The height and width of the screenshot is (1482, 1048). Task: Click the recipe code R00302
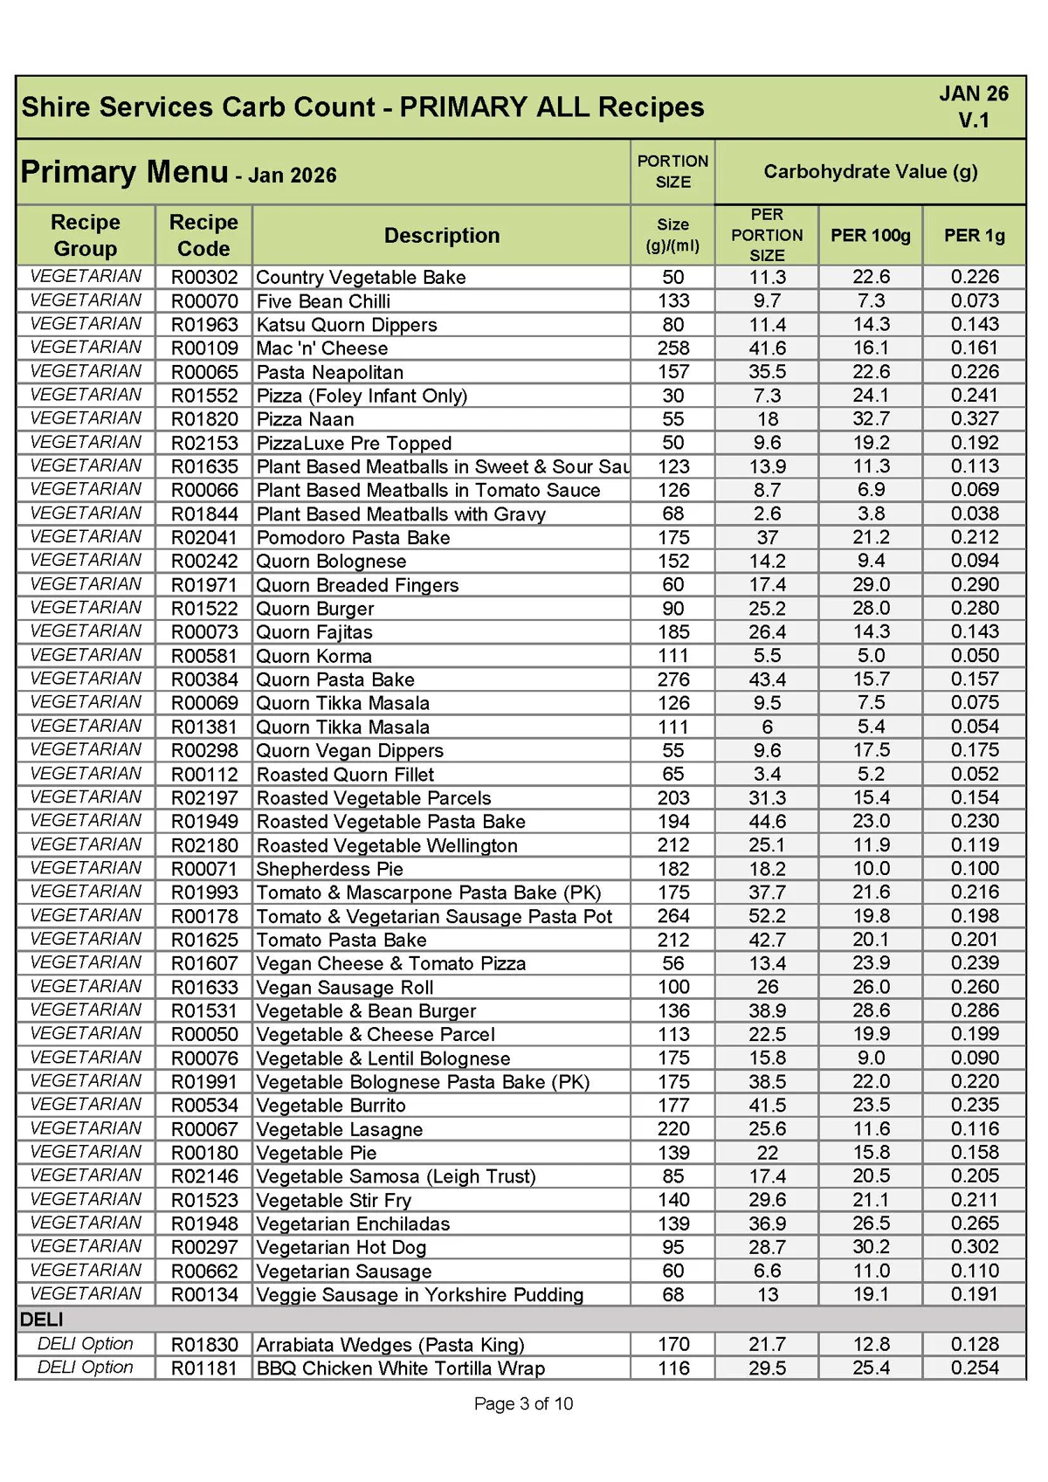pyautogui.click(x=204, y=278)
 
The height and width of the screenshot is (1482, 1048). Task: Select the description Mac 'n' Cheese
pyautogui.click(x=321, y=348)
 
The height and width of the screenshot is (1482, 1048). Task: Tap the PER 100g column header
pyautogui.click(x=870, y=236)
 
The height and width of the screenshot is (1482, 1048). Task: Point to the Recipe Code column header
pyautogui.click(x=203, y=236)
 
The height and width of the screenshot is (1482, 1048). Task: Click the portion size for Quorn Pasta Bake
pyautogui.click(x=673, y=679)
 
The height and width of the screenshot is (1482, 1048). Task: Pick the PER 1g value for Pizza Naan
pyautogui.click(x=975, y=419)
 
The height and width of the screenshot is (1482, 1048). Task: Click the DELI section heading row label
pyautogui.click(x=41, y=1320)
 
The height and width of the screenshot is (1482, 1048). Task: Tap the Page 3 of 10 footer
pyautogui.click(x=523, y=1403)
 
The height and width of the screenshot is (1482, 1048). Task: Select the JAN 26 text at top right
pyautogui.click(x=974, y=94)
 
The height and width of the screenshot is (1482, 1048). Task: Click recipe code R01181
pyautogui.click(x=204, y=1368)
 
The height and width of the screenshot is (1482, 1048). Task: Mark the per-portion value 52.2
pyautogui.click(x=767, y=916)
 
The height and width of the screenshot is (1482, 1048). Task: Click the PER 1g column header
pyautogui.click(x=975, y=236)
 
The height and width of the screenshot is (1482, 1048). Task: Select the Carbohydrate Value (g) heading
pyautogui.click(x=870, y=172)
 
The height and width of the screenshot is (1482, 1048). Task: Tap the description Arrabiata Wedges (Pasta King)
pyautogui.click(x=390, y=1345)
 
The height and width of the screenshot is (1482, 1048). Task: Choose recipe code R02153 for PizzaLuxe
pyautogui.click(x=204, y=444)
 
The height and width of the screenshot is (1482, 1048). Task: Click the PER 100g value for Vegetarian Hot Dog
pyautogui.click(x=871, y=1247)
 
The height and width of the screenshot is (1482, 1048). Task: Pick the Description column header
pyautogui.click(x=442, y=236)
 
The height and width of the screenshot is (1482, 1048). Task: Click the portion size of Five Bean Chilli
pyautogui.click(x=673, y=301)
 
